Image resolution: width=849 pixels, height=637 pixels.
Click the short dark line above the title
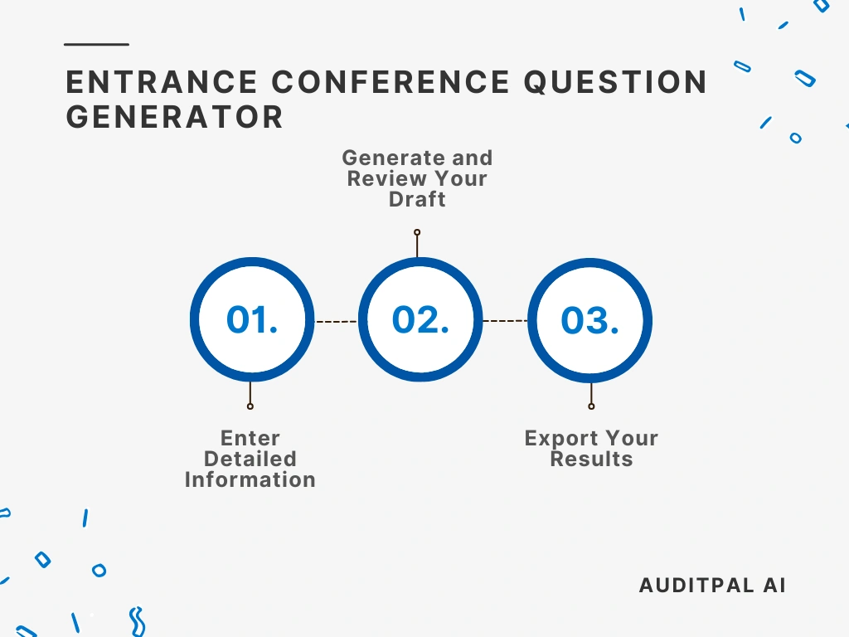96,44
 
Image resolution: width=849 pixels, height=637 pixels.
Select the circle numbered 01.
252,320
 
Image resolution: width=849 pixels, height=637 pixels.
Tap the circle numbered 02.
420,320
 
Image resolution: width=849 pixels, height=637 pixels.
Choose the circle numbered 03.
590,321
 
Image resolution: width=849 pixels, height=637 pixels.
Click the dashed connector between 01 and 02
337,321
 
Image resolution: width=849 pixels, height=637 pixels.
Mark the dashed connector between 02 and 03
505,321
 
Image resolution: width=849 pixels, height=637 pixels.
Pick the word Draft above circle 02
417,199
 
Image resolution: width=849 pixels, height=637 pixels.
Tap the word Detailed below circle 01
250,459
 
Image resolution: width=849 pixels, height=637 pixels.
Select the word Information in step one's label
250,479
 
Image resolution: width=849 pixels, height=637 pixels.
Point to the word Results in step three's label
591,459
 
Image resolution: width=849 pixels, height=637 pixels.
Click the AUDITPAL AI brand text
712,585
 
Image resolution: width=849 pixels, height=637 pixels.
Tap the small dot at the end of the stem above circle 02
417,232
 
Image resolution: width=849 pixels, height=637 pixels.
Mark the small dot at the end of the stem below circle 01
250,406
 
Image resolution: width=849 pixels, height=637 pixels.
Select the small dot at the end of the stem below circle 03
591,406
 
